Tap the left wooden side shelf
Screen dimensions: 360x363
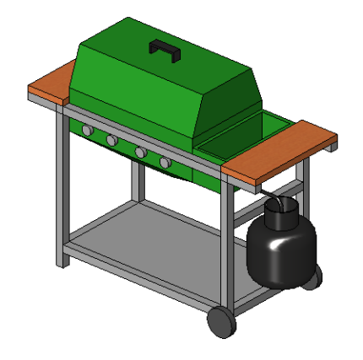[x=52, y=88]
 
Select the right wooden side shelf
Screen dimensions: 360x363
[x=279, y=152]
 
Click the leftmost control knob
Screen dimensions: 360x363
[x=87, y=131]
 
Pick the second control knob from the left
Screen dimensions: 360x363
[x=111, y=140]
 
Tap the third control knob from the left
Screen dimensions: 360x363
[x=139, y=152]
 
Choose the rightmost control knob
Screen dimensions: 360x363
[x=165, y=162]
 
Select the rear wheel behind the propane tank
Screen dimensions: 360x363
[x=313, y=276]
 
